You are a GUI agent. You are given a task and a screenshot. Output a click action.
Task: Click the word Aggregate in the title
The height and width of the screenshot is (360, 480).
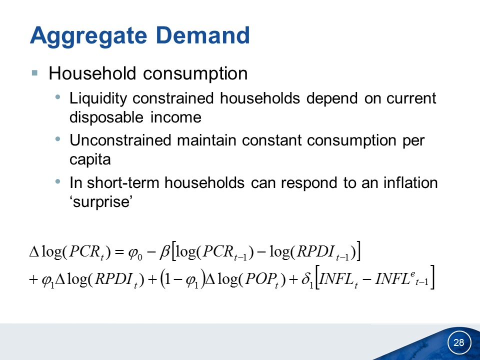(x=88, y=36)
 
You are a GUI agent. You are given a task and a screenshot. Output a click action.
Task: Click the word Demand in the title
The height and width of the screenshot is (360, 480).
(x=202, y=35)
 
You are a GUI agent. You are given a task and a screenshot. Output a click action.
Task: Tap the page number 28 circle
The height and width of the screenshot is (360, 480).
(x=459, y=342)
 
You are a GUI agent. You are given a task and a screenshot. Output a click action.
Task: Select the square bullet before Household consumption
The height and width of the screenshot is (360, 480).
(x=34, y=73)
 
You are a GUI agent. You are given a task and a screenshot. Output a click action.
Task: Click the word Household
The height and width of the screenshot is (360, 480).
(x=92, y=73)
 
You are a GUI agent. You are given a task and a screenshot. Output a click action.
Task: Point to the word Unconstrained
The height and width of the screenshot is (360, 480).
(x=120, y=140)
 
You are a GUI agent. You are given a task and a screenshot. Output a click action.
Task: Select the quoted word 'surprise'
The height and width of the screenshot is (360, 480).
(x=101, y=201)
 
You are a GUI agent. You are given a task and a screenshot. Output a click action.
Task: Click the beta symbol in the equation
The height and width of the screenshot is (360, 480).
(x=164, y=252)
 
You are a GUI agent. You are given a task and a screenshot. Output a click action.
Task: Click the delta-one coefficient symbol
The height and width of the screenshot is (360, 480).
(x=307, y=279)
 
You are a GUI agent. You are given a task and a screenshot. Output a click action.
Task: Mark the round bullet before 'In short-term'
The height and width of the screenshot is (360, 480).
(x=57, y=181)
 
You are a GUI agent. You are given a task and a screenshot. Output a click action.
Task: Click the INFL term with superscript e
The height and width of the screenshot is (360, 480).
(x=401, y=279)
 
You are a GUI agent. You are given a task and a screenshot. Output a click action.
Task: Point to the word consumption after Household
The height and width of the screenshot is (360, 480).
(x=195, y=74)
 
